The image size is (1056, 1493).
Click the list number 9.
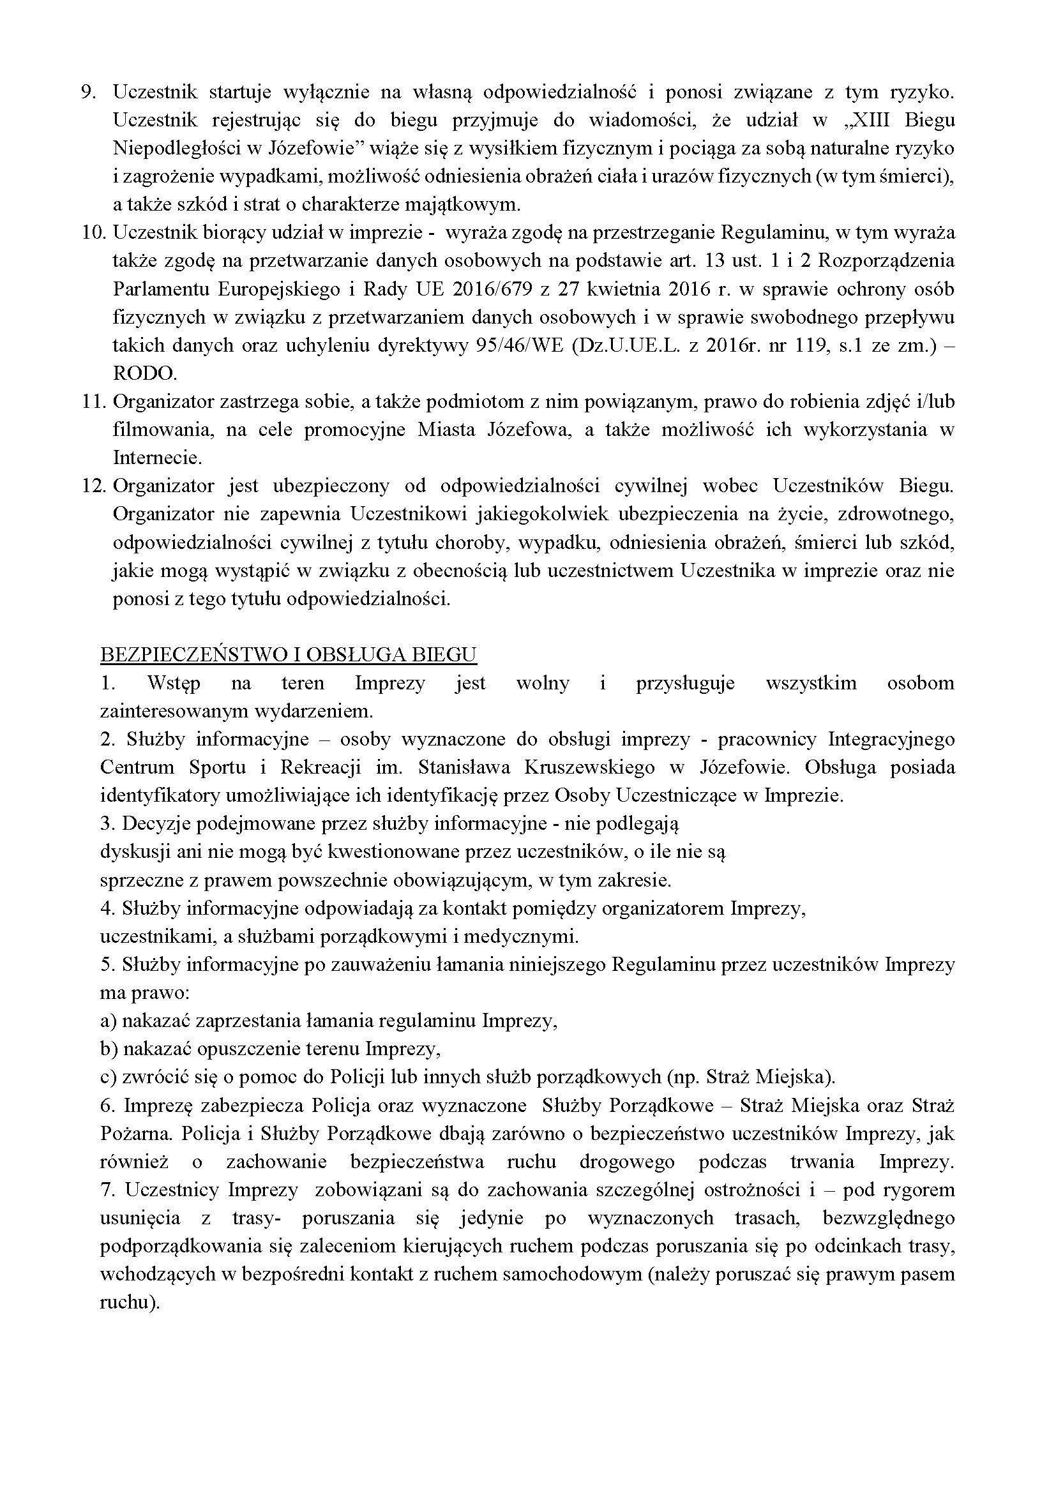pos(89,93)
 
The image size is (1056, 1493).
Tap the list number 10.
pos(93,233)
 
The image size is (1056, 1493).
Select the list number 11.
pos(93,402)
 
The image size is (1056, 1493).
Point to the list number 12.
pos(93,486)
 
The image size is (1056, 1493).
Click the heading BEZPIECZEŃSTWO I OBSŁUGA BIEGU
pos(289,654)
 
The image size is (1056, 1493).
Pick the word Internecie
pos(156,458)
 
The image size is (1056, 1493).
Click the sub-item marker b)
pos(109,1048)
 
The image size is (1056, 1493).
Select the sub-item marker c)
pos(108,1077)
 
